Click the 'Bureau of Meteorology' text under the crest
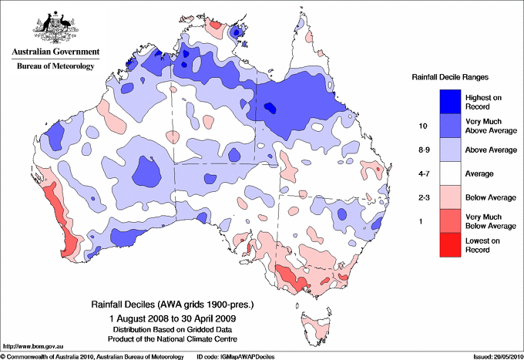55,66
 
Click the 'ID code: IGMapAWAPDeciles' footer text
236,356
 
